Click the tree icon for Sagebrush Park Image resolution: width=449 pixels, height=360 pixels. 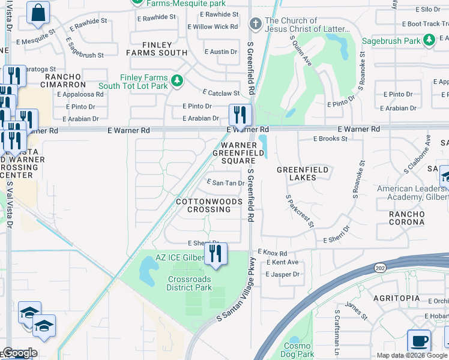pos(429,40)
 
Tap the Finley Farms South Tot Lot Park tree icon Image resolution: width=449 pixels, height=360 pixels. pos(176,80)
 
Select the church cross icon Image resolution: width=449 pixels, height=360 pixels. pos(255,24)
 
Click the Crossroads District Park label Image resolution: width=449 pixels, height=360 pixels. pos(189,283)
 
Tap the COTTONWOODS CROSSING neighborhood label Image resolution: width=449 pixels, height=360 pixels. pos(203,206)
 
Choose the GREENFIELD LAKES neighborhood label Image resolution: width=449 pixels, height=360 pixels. pos(303,173)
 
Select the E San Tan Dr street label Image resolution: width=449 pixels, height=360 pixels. pos(225,182)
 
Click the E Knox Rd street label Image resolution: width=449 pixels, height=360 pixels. pos(273,253)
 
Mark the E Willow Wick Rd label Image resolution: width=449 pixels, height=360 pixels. pos(212,27)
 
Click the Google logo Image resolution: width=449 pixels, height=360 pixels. pos(19,353)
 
